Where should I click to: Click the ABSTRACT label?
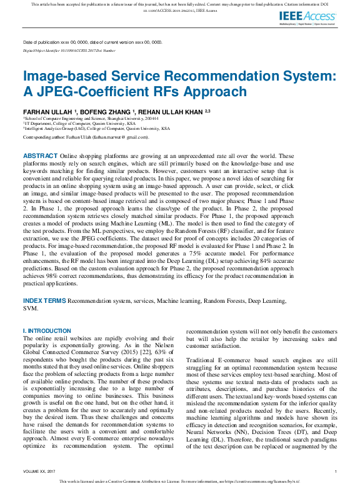[41, 156]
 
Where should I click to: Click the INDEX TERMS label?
[44, 301]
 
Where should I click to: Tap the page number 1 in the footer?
[336, 471]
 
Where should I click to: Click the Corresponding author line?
[86, 136]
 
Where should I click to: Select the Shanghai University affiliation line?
[91, 117]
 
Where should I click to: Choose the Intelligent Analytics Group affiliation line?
[96, 129]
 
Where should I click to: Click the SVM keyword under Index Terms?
[31, 308]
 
